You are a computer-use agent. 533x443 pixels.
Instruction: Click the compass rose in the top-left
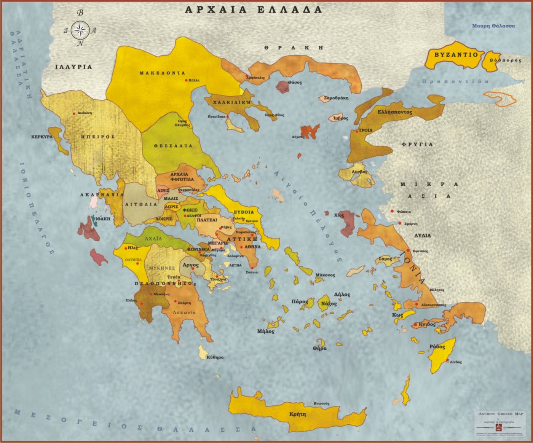click(80, 29)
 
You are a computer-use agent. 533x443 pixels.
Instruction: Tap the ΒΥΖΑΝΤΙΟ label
click(456, 55)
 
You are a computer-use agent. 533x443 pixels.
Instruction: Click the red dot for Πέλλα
click(186, 80)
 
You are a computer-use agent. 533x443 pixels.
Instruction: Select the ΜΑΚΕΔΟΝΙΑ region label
click(162, 73)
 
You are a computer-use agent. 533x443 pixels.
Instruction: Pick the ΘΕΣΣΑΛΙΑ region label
click(173, 146)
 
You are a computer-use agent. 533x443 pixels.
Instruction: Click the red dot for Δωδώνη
click(74, 113)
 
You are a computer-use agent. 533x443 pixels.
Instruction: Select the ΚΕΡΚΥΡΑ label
click(42, 136)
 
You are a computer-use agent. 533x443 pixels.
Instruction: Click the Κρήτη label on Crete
click(297, 414)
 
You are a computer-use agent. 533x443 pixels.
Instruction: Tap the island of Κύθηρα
click(202, 352)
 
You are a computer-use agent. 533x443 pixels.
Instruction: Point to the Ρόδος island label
click(437, 347)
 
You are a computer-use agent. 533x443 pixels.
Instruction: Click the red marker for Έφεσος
click(408, 250)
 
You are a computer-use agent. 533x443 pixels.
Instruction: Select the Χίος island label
click(339, 215)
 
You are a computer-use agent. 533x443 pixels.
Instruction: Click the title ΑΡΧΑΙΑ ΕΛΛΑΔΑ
click(253, 10)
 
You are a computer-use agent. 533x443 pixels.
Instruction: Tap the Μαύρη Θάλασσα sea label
click(493, 26)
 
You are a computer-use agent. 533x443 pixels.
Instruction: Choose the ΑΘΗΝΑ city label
click(252, 247)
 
